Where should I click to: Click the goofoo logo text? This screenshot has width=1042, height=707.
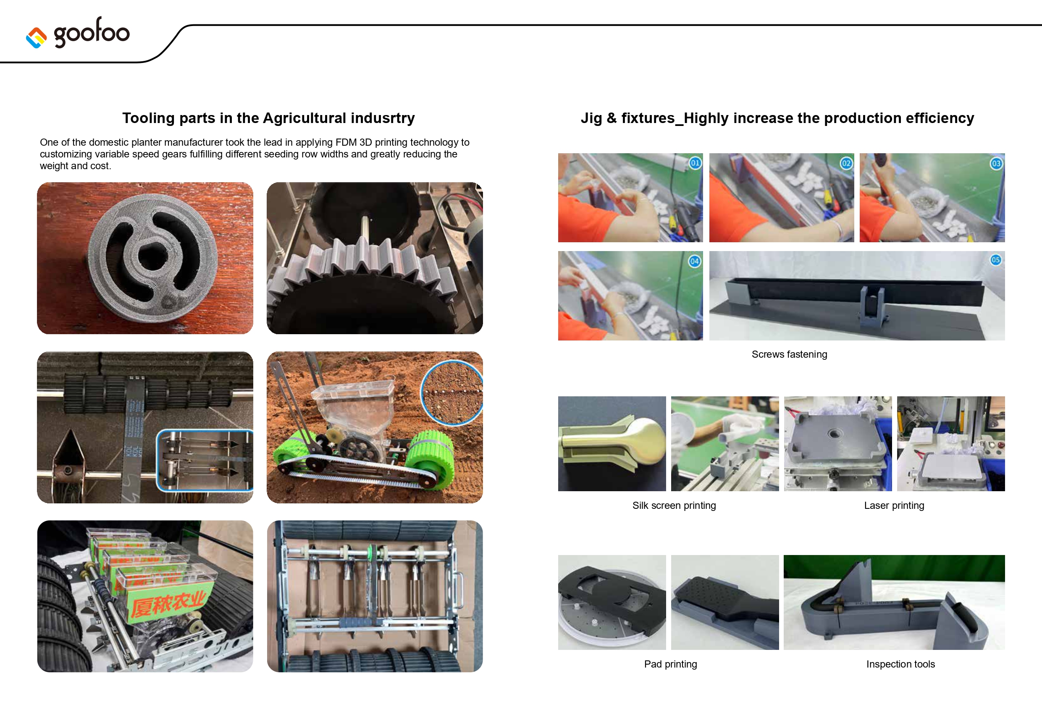[92, 32]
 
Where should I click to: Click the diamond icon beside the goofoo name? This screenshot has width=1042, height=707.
[36, 38]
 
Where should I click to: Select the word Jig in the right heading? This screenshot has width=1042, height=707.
[591, 118]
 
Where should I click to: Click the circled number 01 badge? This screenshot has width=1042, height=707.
[695, 163]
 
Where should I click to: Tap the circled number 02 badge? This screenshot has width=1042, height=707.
[846, 163]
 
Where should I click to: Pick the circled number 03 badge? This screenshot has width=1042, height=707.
[996, 163]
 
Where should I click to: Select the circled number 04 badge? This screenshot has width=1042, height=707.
[695, 261]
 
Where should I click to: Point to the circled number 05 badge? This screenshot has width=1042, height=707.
[996, 259]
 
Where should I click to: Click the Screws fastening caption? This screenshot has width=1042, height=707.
[789, 354]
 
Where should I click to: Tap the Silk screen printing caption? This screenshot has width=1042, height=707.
[674, 505]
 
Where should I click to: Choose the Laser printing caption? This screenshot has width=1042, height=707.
[894, 505]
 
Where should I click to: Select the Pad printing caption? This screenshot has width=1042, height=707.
[670, 664]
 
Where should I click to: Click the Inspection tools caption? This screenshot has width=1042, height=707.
[900, 664]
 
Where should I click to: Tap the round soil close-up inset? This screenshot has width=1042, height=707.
[452, 393]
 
